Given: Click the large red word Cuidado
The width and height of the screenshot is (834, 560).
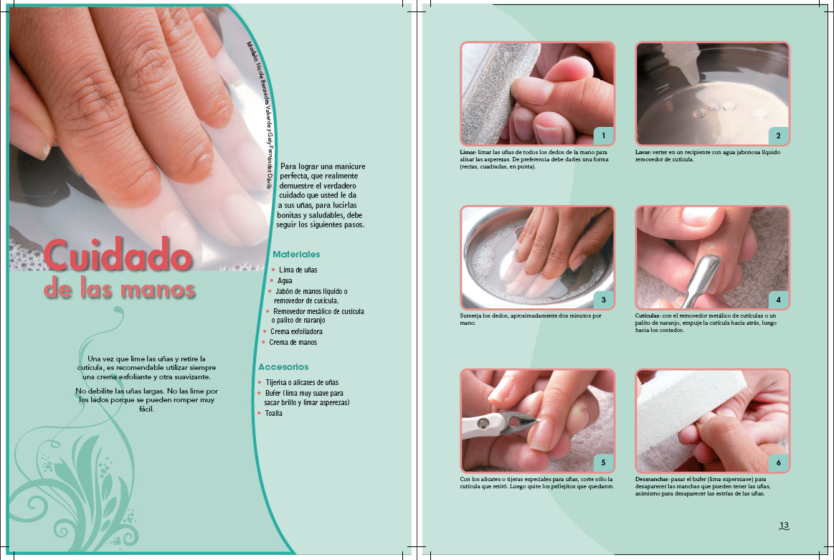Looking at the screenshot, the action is point(118,255).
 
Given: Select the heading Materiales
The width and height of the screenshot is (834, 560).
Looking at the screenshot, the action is point(296,255).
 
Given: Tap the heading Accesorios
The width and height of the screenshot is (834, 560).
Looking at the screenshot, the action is point(283,367).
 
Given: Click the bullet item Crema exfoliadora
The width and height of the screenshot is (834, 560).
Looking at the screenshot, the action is point(296,331).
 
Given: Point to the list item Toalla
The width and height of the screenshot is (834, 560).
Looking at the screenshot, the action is point(273,413).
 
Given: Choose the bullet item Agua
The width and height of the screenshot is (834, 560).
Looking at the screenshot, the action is point(285,280).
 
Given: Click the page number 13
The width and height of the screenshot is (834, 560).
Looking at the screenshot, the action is point(784,526).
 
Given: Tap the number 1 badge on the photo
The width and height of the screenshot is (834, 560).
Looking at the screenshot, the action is point(603,136).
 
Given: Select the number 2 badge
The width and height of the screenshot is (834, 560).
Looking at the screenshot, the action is point(778,136).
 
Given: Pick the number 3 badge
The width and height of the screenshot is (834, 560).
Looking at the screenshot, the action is point(603,300).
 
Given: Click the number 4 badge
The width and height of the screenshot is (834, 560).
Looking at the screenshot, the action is point(778,300).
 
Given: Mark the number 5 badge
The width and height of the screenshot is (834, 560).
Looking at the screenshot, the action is point(603,462).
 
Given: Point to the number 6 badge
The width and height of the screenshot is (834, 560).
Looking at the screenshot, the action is point(778,462).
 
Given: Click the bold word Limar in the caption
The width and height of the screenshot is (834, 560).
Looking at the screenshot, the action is point(468,152).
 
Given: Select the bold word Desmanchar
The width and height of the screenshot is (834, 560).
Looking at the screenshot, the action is point(652,479).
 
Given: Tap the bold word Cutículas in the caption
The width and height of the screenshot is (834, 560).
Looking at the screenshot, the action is point(648,315).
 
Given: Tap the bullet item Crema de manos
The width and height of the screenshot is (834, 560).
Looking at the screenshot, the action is point(293,343).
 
